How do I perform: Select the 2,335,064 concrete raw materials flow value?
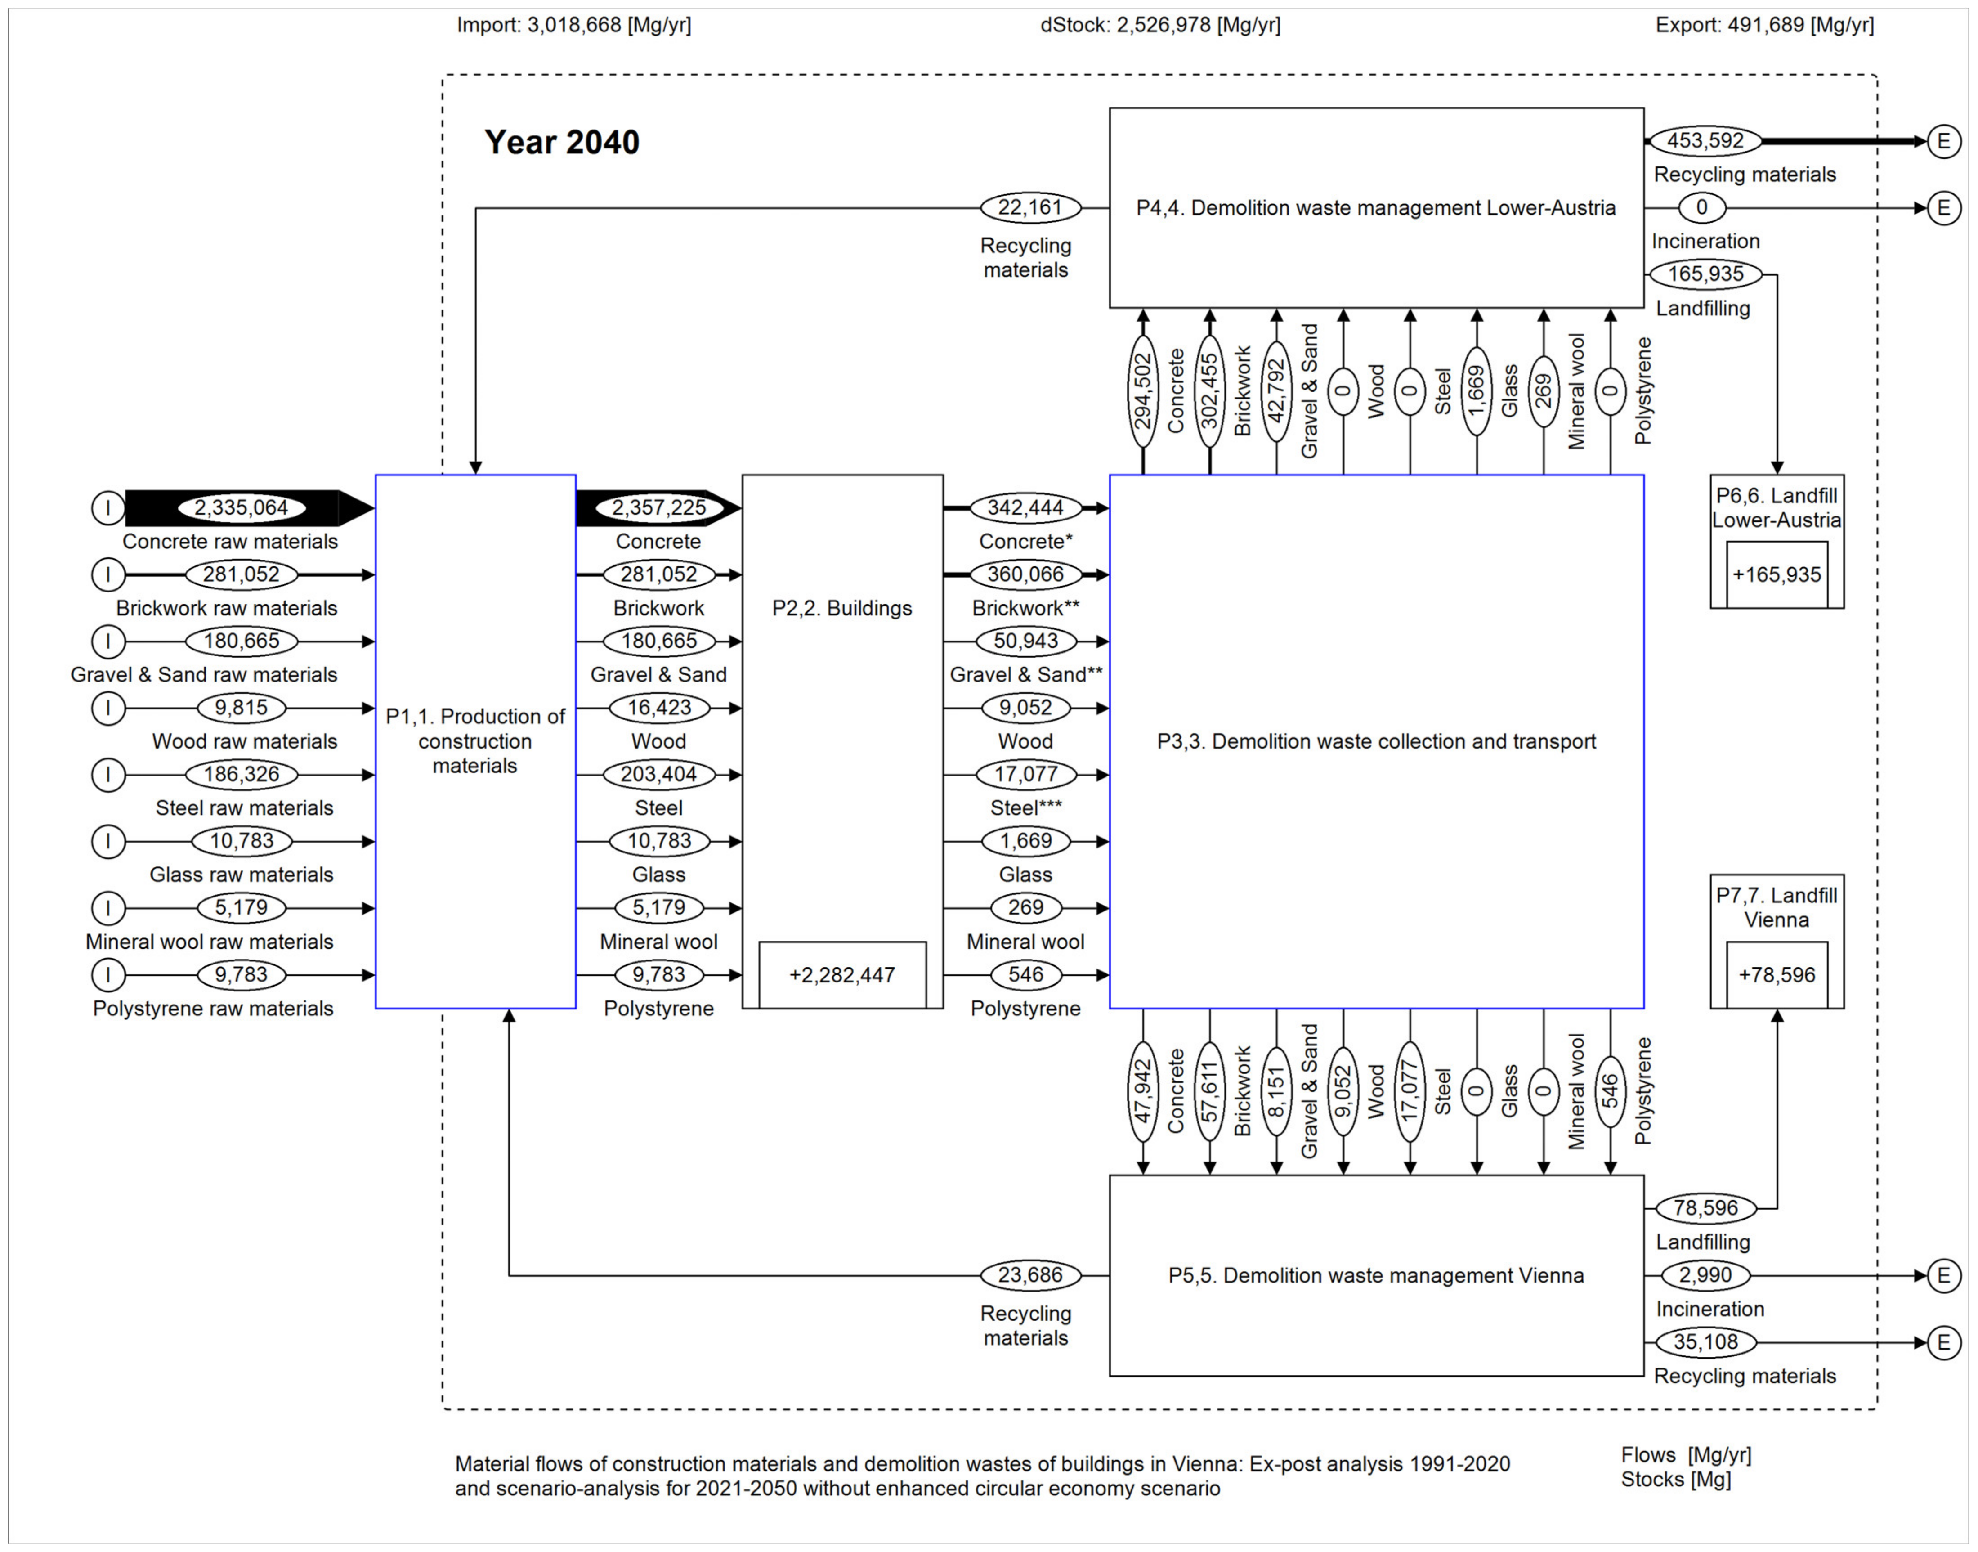tap(241, 508)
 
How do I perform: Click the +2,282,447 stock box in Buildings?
tap(842, 975)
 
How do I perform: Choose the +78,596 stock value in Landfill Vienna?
tap(1777, 975)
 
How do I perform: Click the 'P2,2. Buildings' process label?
tap(842, 608)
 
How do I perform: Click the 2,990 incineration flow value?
tap(1705, 1275)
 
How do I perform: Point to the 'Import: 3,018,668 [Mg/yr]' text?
tap(573, 25)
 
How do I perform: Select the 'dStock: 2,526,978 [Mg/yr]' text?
tap(1160, 25)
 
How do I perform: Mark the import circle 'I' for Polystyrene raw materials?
tap(108, 975)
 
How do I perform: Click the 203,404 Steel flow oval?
tap(659, 774)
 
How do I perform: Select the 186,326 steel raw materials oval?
tap(241, 774)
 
